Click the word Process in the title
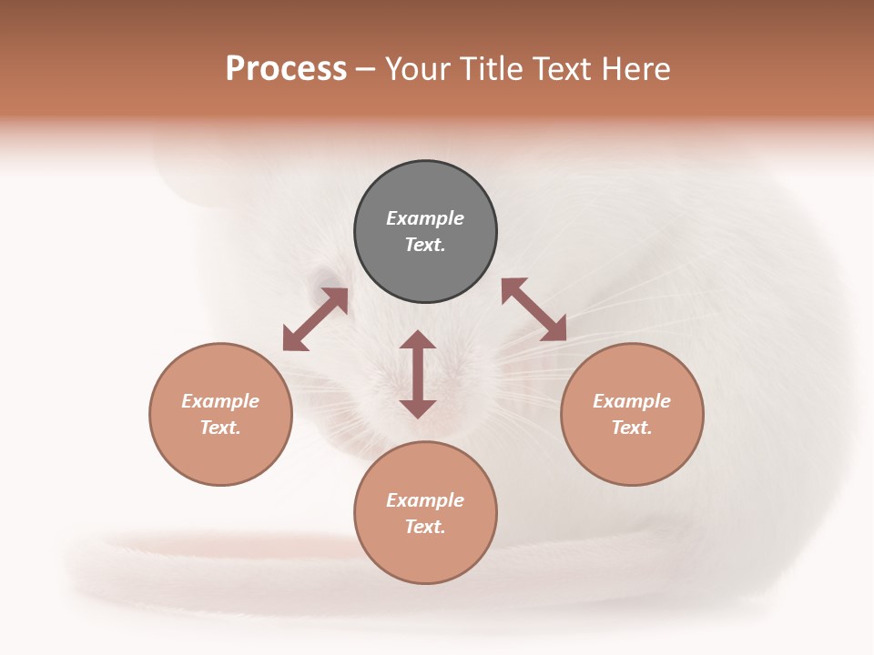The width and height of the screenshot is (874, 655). (x=286, y=69)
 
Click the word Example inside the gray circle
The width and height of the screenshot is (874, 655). (x=425, y=218)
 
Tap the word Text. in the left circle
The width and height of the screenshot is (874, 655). (x=220, y=428)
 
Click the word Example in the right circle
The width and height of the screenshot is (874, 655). (x=632, y=401)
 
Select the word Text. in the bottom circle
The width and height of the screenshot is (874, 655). (x=425, y=527)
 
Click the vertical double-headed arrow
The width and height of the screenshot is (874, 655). (x=418, y=374)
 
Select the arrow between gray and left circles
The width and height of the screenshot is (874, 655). (x=315, y=319)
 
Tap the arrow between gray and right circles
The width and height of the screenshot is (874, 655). (x=534, y=309)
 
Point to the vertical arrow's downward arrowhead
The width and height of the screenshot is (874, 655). (x=418, y=407)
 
